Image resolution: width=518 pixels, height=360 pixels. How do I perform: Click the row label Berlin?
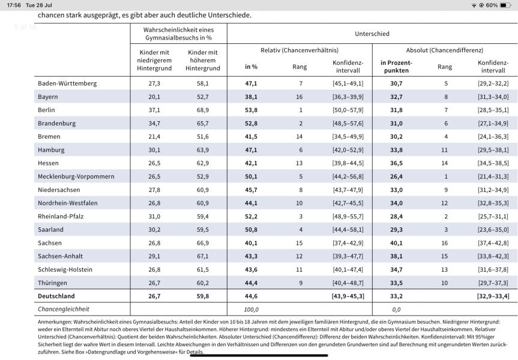coord(46,110)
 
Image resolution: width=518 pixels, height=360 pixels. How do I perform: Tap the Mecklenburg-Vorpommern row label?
coord(76,176)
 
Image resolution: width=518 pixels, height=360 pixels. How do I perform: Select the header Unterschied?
coord(372,34)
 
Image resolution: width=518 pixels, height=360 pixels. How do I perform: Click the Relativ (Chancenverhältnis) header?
coord(300,50)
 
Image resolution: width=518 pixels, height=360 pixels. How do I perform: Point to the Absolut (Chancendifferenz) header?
coord(444,50)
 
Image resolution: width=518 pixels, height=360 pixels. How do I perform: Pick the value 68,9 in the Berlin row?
coord(202,110)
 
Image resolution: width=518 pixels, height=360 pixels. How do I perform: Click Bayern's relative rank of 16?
coord(300,97)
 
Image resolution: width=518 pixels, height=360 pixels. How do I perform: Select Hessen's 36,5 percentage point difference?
coord(396,163)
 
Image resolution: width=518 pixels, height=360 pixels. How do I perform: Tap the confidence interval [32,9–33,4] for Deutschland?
coord(493,296)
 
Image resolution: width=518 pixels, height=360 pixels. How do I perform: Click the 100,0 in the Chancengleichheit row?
coord(251,310)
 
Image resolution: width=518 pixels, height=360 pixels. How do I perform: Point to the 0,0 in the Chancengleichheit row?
coord(396,310)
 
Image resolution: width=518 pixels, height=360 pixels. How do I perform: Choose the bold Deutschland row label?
coord(56,296)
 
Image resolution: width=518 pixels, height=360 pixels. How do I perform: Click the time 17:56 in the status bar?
coord(14,5)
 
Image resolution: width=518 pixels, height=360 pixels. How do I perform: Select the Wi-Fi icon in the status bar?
coord(474,5)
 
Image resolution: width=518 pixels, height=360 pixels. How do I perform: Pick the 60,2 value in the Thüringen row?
coord(202,283)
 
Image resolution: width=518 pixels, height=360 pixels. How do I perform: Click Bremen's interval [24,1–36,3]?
coord(493,137)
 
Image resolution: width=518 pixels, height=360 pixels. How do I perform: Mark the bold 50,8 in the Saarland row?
coord(251,230)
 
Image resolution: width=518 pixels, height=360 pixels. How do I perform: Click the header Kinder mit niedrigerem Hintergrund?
coord(154,61)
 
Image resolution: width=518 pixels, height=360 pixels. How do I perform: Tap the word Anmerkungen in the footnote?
coord(54,322)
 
